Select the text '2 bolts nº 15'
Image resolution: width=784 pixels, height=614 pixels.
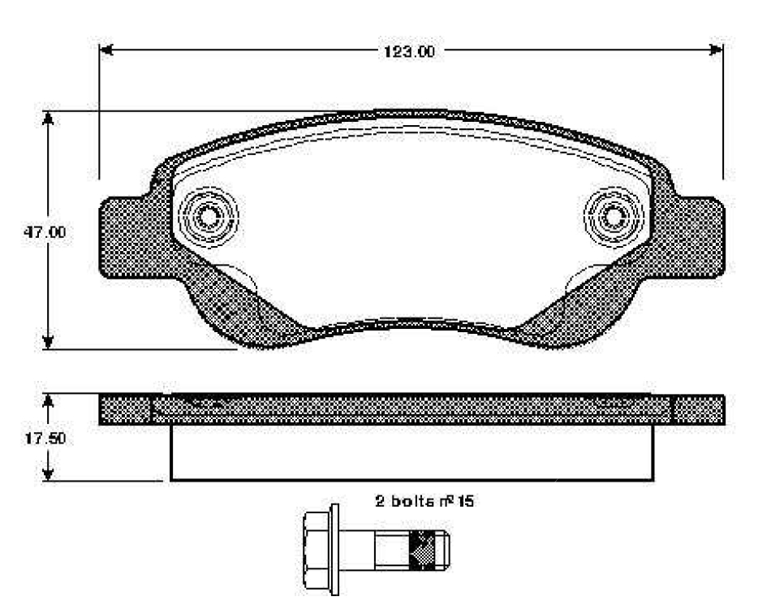[424, 501]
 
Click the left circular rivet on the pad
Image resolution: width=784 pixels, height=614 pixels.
[208, 217]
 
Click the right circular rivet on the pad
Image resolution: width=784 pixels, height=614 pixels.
[614, 217]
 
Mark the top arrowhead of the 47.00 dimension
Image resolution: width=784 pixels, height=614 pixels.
[49, 119]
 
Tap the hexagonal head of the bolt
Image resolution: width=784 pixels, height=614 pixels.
[313, 550]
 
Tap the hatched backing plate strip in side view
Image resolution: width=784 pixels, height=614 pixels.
[411, 409]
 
